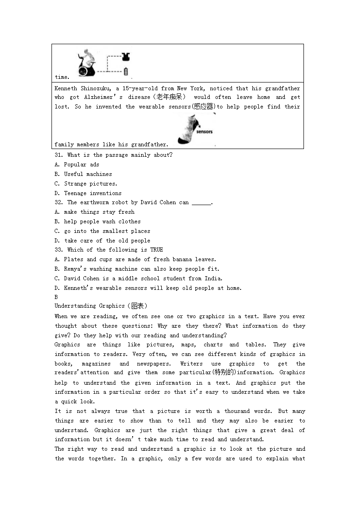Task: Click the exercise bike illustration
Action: pyautogui.click(x=86, y=63)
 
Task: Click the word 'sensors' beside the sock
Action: pyautogui.click(x=205, y=132)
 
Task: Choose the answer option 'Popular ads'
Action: pyautogui.click(x=81, y=165)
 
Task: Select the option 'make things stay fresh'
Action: pyautogui.click(x=99, y=212)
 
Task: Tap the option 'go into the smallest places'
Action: pyautogui.click(x=107, y=231)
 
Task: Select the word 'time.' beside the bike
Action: pyautogui.click(x=62, y=77)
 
